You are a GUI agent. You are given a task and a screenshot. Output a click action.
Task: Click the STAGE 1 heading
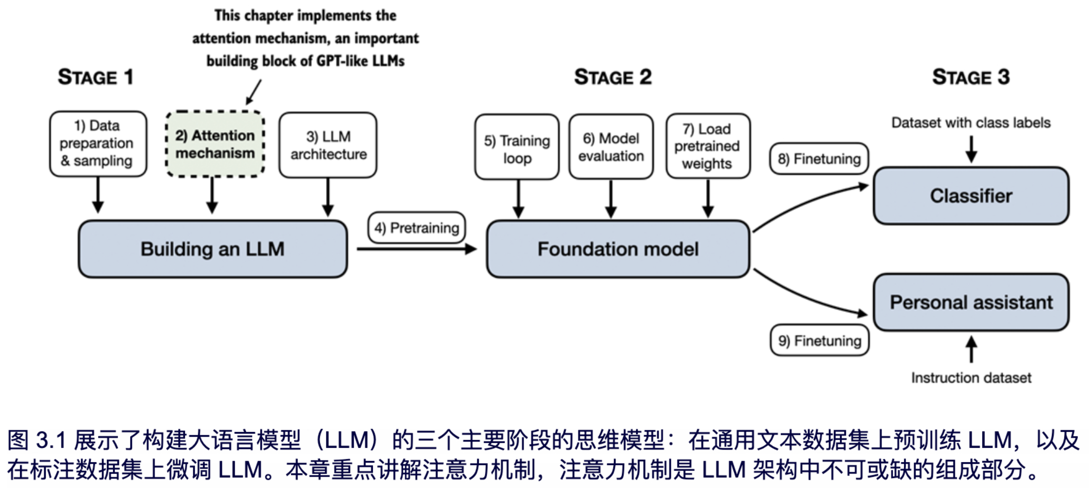96,77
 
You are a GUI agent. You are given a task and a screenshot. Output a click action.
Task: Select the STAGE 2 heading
613,77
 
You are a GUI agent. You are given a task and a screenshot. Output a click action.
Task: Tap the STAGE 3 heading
971,77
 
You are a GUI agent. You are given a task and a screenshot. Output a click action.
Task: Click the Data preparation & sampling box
98,143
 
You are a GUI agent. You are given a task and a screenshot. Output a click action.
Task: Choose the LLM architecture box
328,145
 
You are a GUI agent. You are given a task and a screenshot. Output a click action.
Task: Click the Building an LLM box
213,249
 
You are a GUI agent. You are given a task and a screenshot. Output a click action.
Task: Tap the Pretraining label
416,228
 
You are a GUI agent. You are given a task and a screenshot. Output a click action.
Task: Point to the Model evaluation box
611,147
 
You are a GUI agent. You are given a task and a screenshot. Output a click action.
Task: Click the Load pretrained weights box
708,146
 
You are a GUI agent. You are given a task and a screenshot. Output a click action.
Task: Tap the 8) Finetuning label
819,159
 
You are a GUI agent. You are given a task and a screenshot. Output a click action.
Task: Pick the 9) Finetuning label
819,341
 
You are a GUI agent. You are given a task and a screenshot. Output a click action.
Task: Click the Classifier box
971,196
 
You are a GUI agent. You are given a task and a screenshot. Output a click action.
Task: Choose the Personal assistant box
971,302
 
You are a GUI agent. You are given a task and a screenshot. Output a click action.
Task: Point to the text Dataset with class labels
971,123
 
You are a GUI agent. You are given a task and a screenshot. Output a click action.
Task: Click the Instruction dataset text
971,377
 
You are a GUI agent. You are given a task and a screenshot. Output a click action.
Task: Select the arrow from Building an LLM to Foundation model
416,249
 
